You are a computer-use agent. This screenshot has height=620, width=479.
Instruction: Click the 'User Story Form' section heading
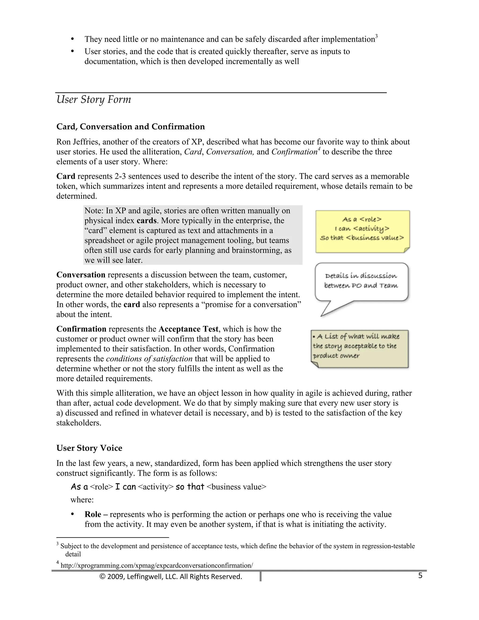click(x=94, y=100)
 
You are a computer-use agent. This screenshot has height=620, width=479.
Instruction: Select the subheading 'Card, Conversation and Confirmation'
click(x=131, y=127)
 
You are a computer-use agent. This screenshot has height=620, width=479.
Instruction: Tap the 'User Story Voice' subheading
click(x=89, y=448)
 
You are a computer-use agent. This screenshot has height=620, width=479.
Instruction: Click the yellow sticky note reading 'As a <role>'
click(x=362, y=231)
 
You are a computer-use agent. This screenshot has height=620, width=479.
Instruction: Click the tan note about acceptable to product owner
click(x=359, y=349)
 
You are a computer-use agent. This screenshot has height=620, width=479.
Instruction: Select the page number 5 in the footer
click(x=420, y=576)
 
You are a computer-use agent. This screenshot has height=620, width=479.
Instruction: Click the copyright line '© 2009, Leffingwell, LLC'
click(x=171, y=576)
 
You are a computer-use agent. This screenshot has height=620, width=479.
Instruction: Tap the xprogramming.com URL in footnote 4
click(x=157, y=565)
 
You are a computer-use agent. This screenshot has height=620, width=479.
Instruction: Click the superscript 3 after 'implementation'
click(x=376, y=36)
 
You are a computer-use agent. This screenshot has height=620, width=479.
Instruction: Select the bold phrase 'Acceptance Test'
click(x=189, y=329)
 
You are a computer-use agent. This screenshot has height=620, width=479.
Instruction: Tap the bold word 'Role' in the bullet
click(x=93, y=514)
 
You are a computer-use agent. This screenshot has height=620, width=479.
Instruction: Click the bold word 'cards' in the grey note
click(x=146, y=221)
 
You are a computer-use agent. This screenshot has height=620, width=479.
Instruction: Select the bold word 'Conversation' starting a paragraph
click(x=81, y=275)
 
